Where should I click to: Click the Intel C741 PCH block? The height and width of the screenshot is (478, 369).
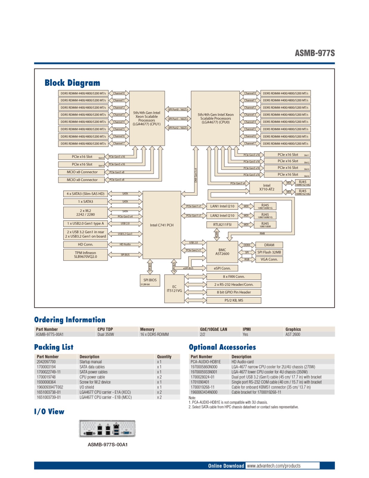(162, 225)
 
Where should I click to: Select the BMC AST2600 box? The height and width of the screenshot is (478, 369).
(222, 252)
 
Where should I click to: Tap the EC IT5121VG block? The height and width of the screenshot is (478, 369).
(174, 289)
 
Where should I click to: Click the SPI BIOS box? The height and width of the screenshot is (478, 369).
(150, 280)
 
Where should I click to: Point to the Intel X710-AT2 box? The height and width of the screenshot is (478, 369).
(266, 187)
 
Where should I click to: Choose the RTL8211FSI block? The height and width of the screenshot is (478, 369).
(222, 224)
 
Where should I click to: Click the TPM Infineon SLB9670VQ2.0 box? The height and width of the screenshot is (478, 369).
(85, 255)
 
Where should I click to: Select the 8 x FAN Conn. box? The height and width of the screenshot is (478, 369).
(233, 277)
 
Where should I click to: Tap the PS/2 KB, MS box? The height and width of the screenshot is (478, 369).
(233, 300)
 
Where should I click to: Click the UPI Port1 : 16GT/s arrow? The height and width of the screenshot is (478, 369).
(178, 119)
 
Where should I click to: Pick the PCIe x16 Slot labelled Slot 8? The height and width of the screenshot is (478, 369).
(82, 157)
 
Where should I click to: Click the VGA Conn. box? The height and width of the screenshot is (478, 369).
(269, 259)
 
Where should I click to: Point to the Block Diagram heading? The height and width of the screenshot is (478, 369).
(72, 83)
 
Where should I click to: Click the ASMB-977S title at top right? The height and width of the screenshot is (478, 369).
(315, 53)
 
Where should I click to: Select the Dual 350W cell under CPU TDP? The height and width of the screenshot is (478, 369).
(106, 334)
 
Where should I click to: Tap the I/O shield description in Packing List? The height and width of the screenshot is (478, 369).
(87, 387)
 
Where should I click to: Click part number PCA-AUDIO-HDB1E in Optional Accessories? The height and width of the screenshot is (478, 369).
(206, 362)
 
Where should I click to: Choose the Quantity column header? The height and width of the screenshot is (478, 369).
(164, 357)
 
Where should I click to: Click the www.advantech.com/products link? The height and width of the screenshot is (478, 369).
(274, 466)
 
